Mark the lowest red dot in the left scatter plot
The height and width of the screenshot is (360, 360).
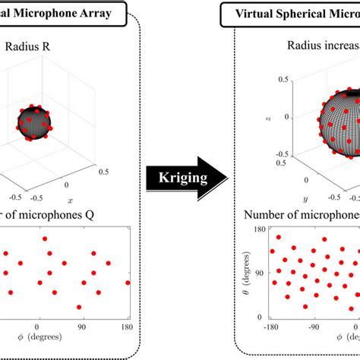[79, 307]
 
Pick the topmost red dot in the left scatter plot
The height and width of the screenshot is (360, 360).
[45, 238]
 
